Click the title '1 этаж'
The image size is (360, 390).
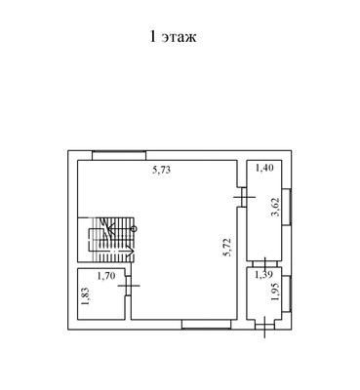pyautogui.click(x=173, y=37)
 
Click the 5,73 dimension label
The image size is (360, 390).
pyautogui.click(x=162, y=170)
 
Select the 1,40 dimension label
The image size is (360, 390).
pyautogui.click(x=264, y=168)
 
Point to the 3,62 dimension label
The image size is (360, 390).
pyautogui.click(x=276, y=208)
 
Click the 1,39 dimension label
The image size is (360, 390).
pyautogui.click(x=263, y=275)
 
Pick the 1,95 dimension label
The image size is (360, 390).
pyautogui.click(x=275, y=292)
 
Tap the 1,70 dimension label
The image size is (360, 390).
pyautogui.click(x=106, y=276)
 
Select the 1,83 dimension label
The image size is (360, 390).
pyautogui.click(x=85, y=296)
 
